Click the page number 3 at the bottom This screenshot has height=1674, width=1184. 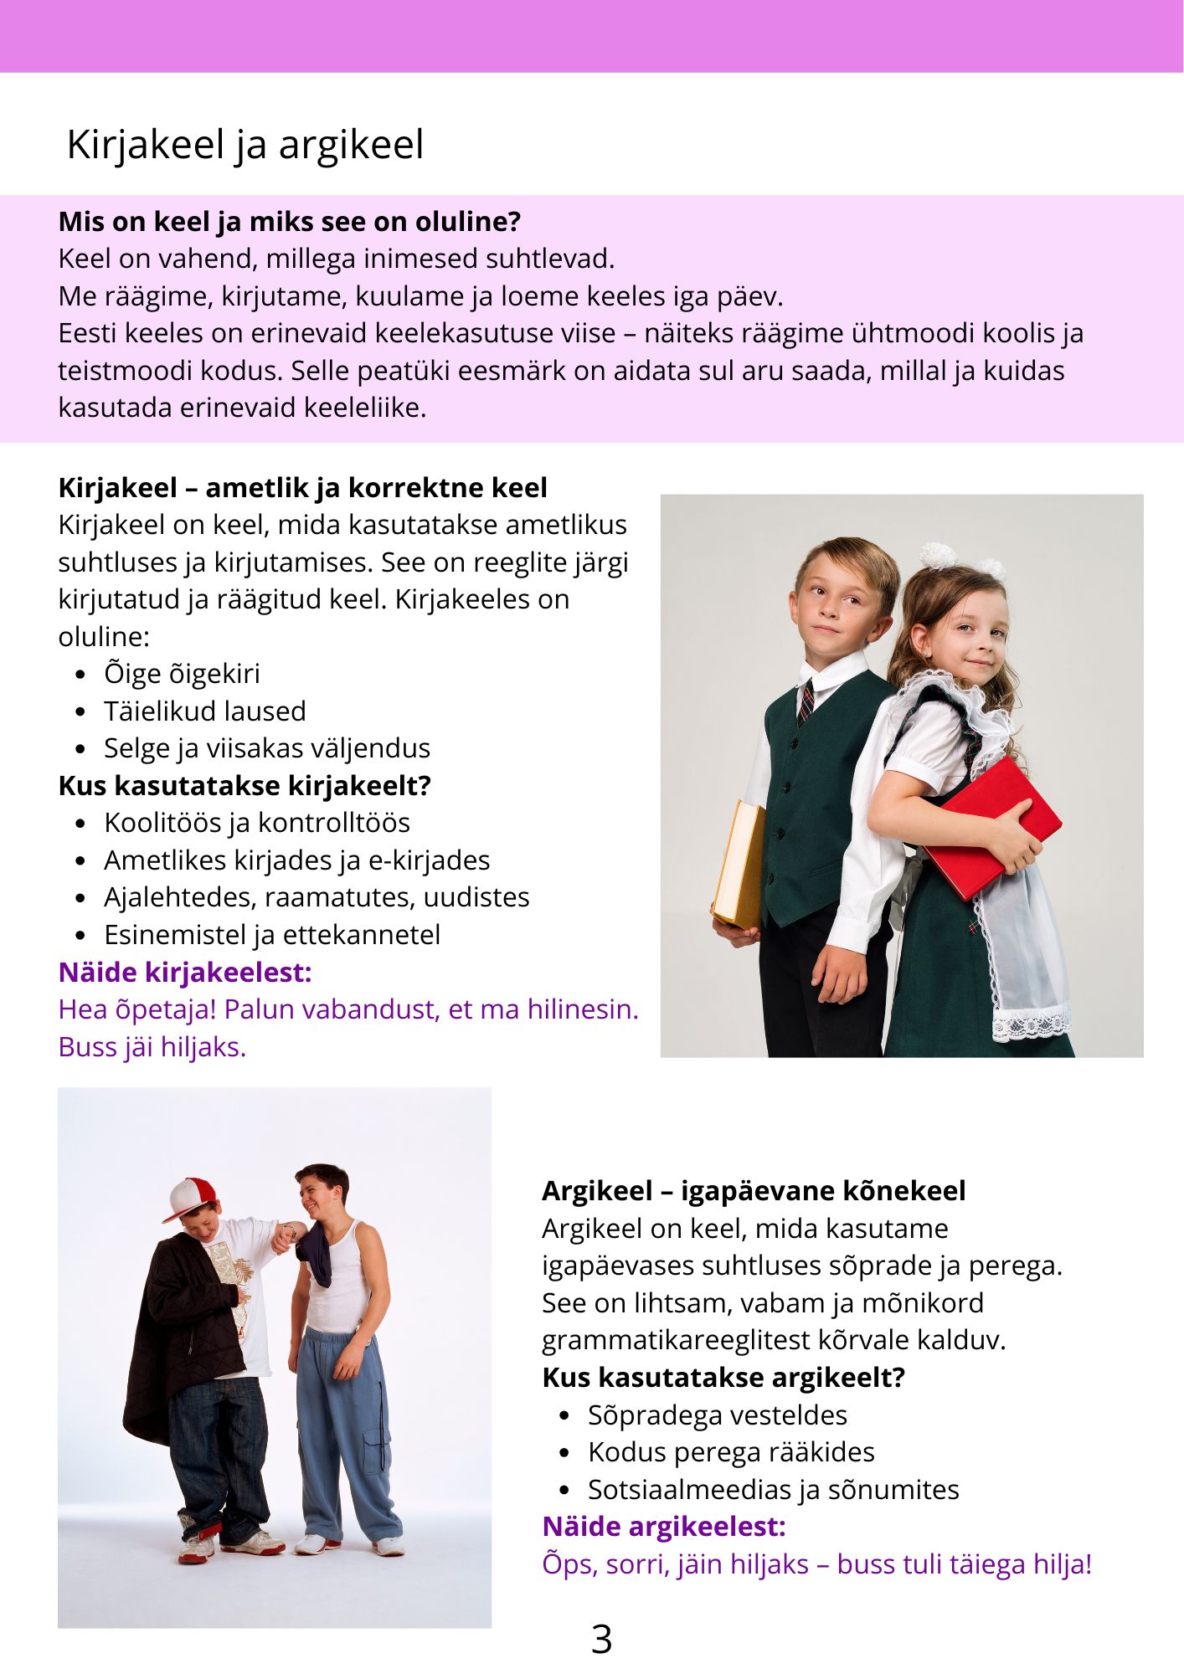pos(601,1639)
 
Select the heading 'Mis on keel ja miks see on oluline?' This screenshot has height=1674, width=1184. pos(289,222)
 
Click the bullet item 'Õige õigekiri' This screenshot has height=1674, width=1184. pos(182,674)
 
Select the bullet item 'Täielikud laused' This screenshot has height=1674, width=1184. pos(204,711)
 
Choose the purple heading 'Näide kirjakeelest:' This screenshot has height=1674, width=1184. pos(184,973)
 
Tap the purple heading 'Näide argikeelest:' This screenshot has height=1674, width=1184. pos(663,1527)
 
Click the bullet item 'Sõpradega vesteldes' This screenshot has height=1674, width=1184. pos(717,1415)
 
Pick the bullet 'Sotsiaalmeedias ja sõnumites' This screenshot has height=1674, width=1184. pos(773,1490)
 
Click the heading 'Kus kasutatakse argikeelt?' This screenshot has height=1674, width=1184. pos(723,1378)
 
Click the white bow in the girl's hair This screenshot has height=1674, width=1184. pos(939,555)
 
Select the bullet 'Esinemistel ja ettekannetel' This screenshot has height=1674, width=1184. pos(271,935)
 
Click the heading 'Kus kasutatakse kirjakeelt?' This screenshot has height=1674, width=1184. pos(244,786)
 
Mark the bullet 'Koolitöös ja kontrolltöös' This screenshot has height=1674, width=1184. pos(256,823)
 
